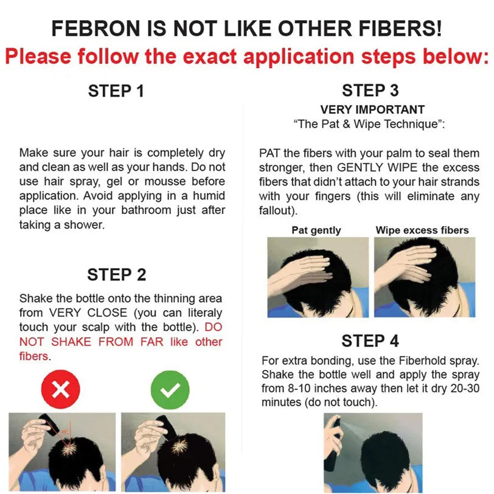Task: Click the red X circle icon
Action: pyautogui.click(x=60, y=389)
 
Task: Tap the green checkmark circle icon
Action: pyautogui.click(x=170, y=390)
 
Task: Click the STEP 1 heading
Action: pyautogui.click(x=116, y=91)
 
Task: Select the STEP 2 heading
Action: pyautogui.click(x=117, y=274)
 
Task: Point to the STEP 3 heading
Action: pyautogui.click(x=370, y=91)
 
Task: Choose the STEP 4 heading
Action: pyautogui.click(x=370, y=341)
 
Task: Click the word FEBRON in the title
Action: pyautogui.click(x=96, y=29)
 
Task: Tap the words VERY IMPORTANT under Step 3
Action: pyautogui.click(x=372, y=110)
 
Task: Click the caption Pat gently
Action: pyautogui.click(x=316, y=231)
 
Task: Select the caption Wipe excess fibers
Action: pyautogui.click(x=422, y=230)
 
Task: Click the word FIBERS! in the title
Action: pyautogui.click(x=400, y=29)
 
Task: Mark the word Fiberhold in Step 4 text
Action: pyautogui.click(x=423, y=360)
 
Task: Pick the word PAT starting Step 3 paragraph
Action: pyautogui.click(x=270, y=153)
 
